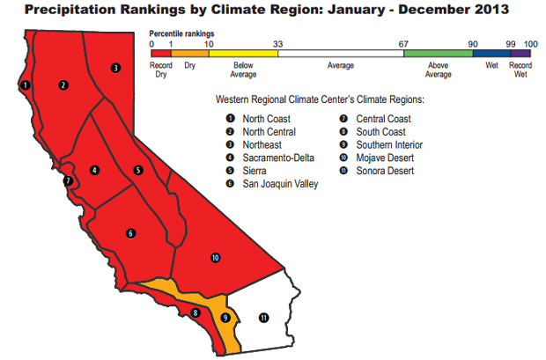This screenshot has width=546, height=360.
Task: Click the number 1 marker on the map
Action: pyautogui.click(x=26, y=84)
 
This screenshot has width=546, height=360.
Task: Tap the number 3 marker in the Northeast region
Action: pyautogui.click(x=115, y=68)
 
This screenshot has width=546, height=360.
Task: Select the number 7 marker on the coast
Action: pyautogui.click(x=67, y=182)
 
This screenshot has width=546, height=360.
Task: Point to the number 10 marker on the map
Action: pyautogui.click(x=215, y=257)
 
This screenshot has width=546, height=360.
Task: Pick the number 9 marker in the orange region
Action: pyautogui.click(x=225, y=318)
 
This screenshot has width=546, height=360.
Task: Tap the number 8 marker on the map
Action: pyautogui.click(x=196, y=312)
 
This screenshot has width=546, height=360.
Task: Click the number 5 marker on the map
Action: pyautogui.click(x=138, y=170)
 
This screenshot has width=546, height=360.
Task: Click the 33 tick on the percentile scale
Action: pyautogui.click(x=278, y=43)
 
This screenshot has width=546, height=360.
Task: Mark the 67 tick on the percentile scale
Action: pyautogui.click(x=403, y=43)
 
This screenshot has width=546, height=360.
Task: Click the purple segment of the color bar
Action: pyautogui.click(x=520, y=54)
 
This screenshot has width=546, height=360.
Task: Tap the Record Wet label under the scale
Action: pyautogui.click(x=520, y=70)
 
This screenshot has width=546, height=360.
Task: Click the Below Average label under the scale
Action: pyautogui.click(x=244, y=70)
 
